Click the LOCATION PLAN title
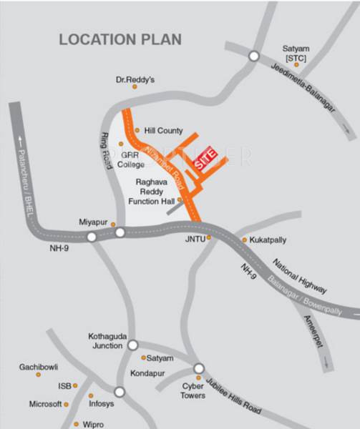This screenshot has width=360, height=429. click(120, 39)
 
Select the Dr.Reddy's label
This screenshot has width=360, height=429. click(135, 80)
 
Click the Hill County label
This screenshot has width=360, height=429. click(163, 131)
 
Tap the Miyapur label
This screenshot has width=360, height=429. click(93, 223)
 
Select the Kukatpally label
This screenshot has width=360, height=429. click(268, 240)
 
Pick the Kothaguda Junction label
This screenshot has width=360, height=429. click(107, 340)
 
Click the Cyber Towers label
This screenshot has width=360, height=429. click(193, 390)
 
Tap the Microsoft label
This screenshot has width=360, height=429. click(45, 404)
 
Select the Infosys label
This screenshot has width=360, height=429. click(101, 404)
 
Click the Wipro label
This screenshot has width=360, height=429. click(93, 424)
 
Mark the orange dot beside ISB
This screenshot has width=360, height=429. click(75, 385)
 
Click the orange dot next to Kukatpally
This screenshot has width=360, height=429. click(244, 240)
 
